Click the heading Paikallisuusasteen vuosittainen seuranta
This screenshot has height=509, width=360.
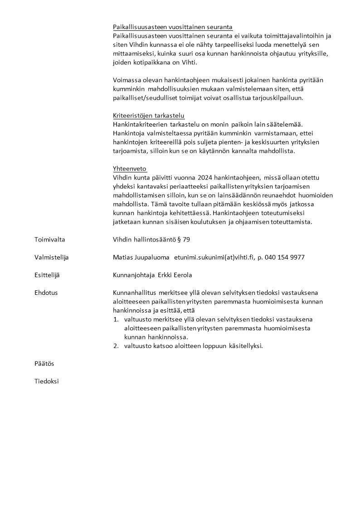[x=172, y=27]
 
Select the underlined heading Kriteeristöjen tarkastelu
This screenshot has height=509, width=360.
[x=149, y=116]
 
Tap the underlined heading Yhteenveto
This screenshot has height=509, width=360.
[x=130, y=169]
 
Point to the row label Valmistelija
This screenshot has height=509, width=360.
[x=52, y=257]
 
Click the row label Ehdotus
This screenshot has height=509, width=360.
[x=46, y=293]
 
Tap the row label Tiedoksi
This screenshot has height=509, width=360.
[x=47, y=382]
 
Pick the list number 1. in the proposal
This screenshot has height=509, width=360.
[x=116, y=319]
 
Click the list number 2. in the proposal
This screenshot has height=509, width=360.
[x=116, y=346]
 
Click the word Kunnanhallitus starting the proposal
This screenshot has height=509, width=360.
[x=134, y=293]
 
